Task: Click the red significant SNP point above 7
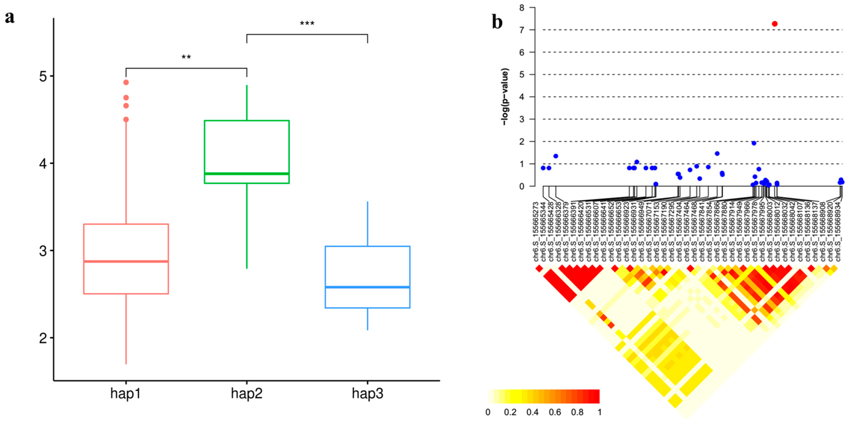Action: [x=775, y=24]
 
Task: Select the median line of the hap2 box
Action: [x=247, y=173]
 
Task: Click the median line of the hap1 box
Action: [x=126, y=261]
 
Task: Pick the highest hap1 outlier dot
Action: [x=126, y=82]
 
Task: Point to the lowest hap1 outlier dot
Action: [x=126, y=119]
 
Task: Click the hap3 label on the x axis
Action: [x=368, y=394]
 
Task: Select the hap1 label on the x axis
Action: [x=126, y=394]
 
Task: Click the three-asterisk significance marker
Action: [x=307, y=24]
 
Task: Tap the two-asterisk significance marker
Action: [x=186, y=58]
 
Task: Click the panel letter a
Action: [x=10, y=17]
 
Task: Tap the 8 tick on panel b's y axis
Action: [x=522, y=8]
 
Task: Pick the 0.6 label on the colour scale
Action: [x=555, y=412]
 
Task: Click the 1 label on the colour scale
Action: [x=599, y=412]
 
